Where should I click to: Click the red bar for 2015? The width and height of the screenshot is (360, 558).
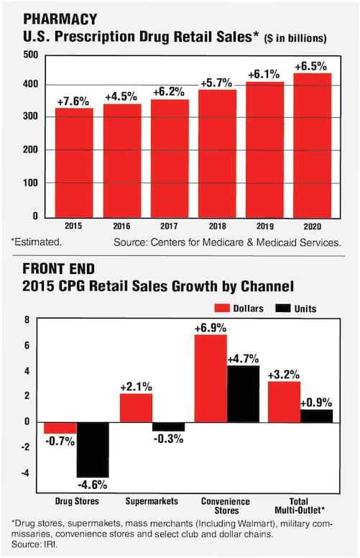coord(74,162)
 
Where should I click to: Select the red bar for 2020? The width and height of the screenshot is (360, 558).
coord(312,144)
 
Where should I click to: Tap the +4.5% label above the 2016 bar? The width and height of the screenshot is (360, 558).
coord(121,96)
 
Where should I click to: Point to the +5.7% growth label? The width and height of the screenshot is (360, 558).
coord(217,82)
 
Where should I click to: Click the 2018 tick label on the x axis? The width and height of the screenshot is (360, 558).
coord(216,224)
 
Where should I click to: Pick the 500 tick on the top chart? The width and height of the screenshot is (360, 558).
coord(30,55)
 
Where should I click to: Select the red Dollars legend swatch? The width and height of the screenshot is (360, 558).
coord(220,308)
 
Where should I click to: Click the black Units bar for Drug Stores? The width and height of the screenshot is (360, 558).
coord(93,449)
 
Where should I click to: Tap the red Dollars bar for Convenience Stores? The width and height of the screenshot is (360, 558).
coord(211,378)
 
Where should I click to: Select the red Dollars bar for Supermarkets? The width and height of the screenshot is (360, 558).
coord(136,408)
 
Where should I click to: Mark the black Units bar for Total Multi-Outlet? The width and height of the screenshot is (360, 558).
coord(317,416)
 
